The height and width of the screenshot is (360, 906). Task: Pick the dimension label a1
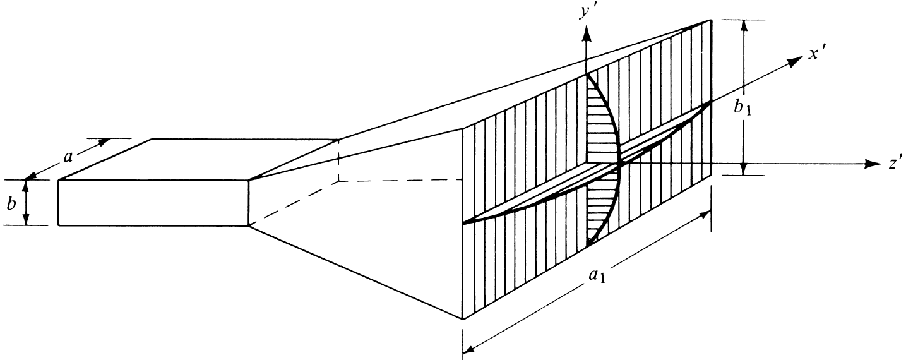point(595,279)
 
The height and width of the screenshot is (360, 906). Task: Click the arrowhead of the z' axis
point(874,164)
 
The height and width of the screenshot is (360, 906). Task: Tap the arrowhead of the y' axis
point(587,33)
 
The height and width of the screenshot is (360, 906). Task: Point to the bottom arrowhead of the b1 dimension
point(745,169)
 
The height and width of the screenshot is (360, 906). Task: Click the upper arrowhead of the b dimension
point(27,184)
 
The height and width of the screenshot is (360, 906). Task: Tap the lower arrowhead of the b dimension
point(27,220)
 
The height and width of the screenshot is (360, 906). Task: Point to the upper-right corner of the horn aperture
point(712,20)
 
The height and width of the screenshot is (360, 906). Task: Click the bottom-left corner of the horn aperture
point(464,320)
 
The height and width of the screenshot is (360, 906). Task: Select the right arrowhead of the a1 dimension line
point(706,215)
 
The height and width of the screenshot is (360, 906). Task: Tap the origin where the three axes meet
point(619,164)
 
